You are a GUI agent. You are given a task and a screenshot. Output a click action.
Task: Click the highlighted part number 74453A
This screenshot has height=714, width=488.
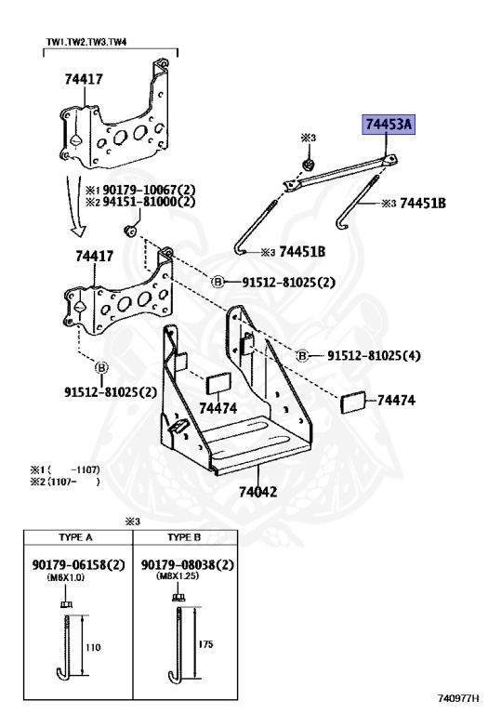coord(389,124)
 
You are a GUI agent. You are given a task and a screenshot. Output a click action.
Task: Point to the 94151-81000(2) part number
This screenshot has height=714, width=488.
coord(149,201)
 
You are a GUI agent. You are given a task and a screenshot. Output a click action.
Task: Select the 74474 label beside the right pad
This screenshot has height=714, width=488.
coord(396,401)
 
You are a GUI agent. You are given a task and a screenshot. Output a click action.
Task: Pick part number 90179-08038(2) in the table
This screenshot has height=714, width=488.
coord(188,565)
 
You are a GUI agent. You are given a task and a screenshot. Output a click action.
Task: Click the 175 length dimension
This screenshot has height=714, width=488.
coord(206,642)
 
